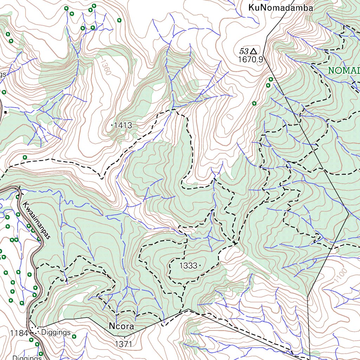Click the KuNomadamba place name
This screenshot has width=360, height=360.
click(x=280, y=8)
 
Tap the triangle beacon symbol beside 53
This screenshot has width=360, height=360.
click(x=253, y=51)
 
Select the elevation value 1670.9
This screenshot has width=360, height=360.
click(x=250, y=59)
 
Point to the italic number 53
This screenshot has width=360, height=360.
click(x=244, y=51)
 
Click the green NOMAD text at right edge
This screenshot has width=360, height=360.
click(x=343, y=70)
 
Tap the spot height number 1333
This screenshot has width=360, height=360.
click(x=188, y=266)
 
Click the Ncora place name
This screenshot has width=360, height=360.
click(x=121, y=326)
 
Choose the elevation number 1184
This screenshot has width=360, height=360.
click(x=18, y=333)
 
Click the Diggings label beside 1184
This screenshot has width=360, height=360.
click(x=56, y=332)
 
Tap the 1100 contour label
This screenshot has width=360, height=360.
click(x=340, y=275)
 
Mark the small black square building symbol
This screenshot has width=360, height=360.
click(x=6, y=112)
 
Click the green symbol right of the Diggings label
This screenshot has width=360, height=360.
click(x=74, y=336)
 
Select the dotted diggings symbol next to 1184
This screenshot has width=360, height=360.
click(x=34, y=331)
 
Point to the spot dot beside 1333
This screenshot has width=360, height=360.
click(x=200, y=265)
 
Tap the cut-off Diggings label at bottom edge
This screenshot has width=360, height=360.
click(x=27, y=358)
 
